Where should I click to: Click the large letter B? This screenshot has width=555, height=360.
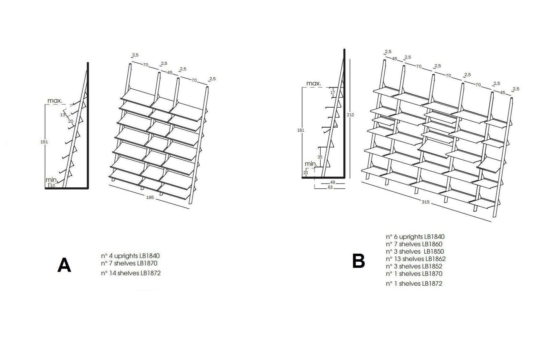(x=359, y=261)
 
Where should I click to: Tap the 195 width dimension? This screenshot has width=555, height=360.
(x=150, y=197)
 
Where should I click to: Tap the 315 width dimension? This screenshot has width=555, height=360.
(x=425, y=202)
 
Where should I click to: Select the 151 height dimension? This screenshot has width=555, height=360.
(x=44, y=142)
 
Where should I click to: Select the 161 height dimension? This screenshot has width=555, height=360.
(x=301, y=130)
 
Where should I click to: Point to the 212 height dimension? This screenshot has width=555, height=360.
(x=350, y=115)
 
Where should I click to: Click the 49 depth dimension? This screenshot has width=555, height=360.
(x=332, y=182)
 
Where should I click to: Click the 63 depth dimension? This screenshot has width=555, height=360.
(x=330, y=187)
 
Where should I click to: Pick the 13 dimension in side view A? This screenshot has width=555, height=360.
(x=63, y=115)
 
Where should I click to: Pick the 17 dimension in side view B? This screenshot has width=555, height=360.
(x=332, y=92)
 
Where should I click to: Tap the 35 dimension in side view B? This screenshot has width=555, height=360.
(x=320, y=157)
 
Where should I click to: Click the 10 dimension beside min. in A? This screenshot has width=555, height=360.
(x=52, y=186)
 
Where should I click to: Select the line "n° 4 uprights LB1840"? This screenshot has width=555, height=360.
(x=130, y=256)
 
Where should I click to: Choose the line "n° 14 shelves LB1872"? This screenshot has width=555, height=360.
(x=131, y=273)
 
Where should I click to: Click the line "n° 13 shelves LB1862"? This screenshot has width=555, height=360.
(x=416, y=259)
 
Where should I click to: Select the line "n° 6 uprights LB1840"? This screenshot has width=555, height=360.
(x=415, y=237)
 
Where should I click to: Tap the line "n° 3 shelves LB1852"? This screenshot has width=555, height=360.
(x=414, y=266)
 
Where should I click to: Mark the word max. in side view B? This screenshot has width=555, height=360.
(x=314, y=84)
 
